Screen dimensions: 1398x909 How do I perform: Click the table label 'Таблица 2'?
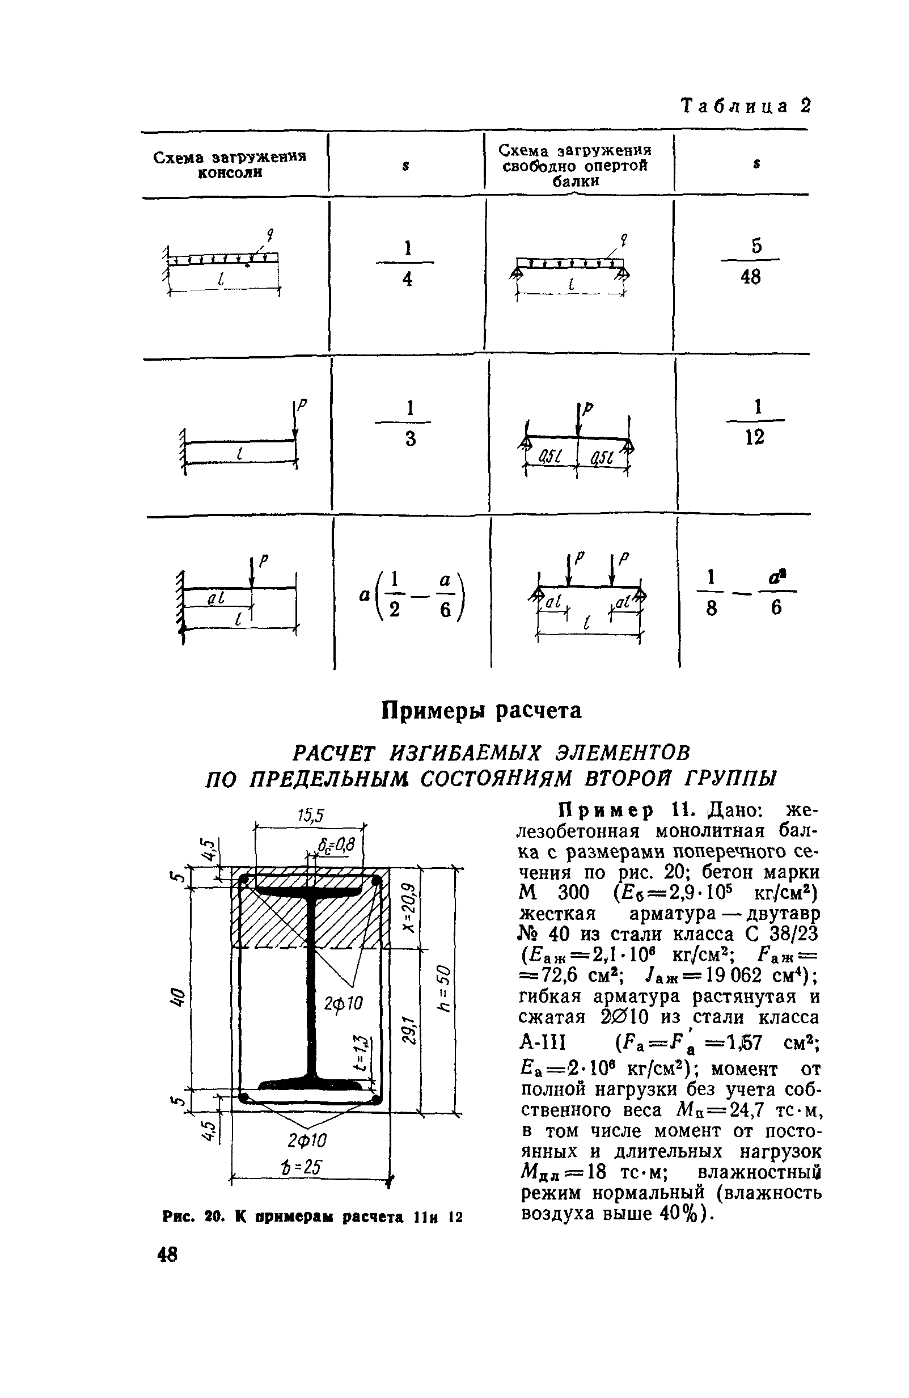click(x=745, y=106)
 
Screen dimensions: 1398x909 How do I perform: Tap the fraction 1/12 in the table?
click(x=755, y=422)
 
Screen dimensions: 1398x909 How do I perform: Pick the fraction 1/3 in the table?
click(x=409, y=423)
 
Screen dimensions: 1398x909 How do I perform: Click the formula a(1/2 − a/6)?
click(x=411, y=595)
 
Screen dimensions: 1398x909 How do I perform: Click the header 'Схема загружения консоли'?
click(x=230, y=165)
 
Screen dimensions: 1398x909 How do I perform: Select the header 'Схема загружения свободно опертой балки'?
click(x=576, y=165)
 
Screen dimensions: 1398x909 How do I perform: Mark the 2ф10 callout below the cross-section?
click(x=307, y=1140)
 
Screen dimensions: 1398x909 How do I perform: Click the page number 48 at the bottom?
click(x=167, y=1254)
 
